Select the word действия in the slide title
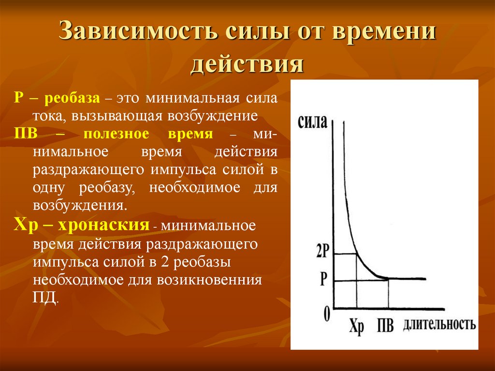click(247, 64)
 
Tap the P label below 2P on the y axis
click(323, 280)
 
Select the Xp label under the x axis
click(356, 326)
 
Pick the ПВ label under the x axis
click(385, 325)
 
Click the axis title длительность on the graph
click(439, 324)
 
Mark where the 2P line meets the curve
click(356, 253)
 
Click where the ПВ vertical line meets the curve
click(388, 279)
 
